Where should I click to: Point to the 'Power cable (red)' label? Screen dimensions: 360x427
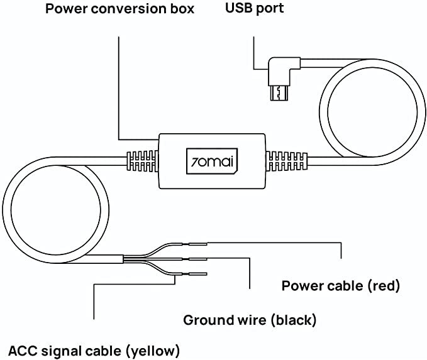point(340,286)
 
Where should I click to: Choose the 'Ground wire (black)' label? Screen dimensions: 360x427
point(250,320)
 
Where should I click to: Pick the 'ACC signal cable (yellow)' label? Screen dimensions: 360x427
point(94,349)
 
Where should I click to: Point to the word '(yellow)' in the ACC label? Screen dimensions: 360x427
point(152,349)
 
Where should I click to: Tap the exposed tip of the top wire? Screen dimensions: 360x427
point(199,244)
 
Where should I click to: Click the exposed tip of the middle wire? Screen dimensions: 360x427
point(199,259)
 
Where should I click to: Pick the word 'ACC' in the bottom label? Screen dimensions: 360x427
point(22,349)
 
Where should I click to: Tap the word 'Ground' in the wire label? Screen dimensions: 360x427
point(206,320)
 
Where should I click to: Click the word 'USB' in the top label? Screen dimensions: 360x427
point(237,9)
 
